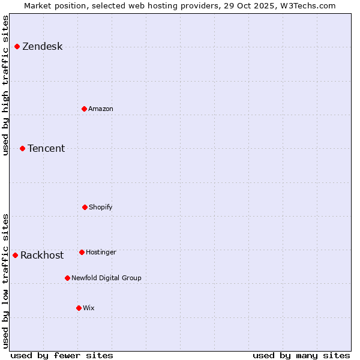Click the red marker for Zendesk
pos(17,46)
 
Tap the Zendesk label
pos(42,47)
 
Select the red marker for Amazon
pos(84,109)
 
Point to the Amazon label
pos(100,109)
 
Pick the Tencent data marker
pos(22,148)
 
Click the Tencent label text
pos(46,149)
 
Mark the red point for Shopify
pos(85,207)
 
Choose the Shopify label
pos(100,207)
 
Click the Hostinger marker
pos(82,252)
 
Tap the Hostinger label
pos(101,252)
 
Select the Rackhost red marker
pos(15,255)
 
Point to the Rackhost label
pos(42,256)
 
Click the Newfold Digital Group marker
pos(67,278)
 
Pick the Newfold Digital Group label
pos(106,278)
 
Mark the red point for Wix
pos(79,308)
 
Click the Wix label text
pos(89,308)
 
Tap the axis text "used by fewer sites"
pos(62,355)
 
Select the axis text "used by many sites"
pos(301,355)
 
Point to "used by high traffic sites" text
pos(5,85)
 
